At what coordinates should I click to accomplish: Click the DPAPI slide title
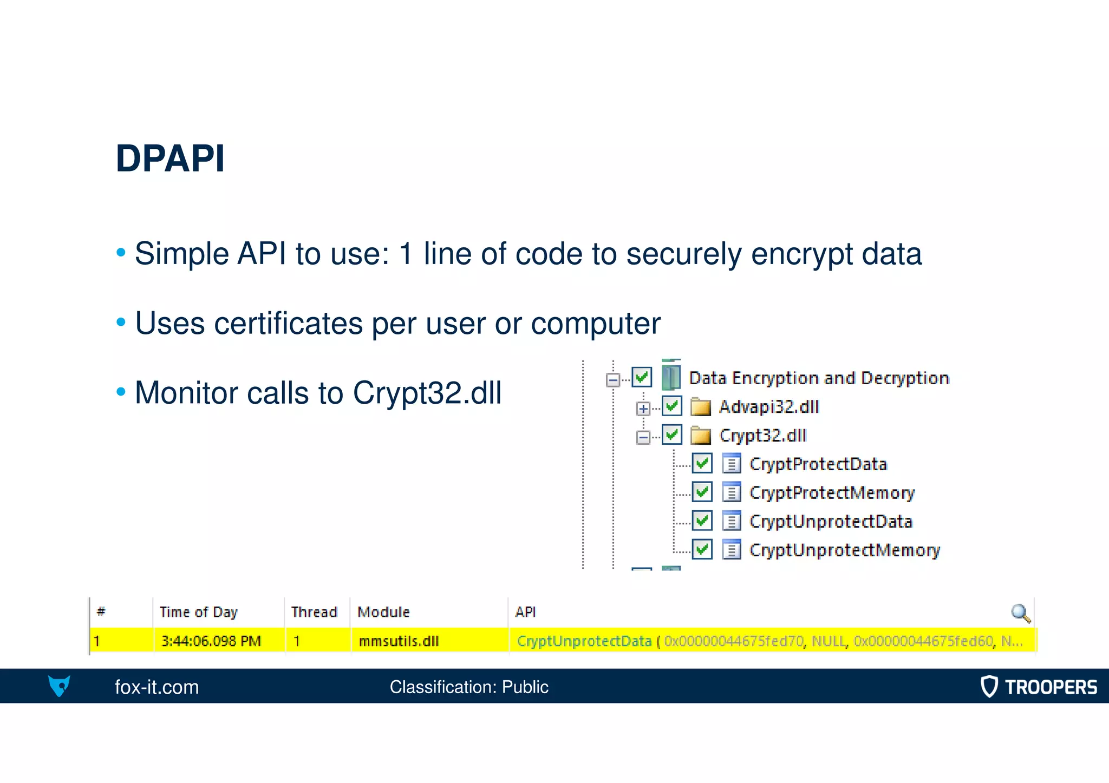pyautogui.click(x=170, y=159)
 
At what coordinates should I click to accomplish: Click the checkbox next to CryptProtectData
pyautogui.click(x=702, y=463)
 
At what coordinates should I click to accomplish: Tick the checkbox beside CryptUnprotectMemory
pyautogui.click(x=702, y=549)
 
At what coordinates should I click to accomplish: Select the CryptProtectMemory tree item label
pyautogui.click(x=831, y=492)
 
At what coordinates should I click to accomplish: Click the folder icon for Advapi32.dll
pyautogui.click(x=701, y=407)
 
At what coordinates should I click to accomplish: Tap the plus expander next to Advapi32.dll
pyautogui.click(x=643, y=409)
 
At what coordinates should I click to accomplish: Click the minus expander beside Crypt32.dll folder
pyautogui.click(x=643, y=437)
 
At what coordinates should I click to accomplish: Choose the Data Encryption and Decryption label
pyautogui.click(x=819, y=378)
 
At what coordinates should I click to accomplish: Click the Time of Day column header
pyautogui.click(x=198, y=612)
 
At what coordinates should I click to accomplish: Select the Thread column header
pyautogui.click(x=314, y=612)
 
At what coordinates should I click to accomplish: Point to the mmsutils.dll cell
pyautogui.click(x=399, y=641)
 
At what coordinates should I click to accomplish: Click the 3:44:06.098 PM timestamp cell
pyautogui.click(x=211, y=641)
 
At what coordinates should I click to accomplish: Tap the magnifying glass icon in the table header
pyautogui.click(x=1020, y=613)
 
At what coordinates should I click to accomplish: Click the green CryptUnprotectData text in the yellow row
pyautogui.click(x=584, y=641)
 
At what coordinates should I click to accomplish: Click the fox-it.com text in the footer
pyautogui.click(x=156, y=687)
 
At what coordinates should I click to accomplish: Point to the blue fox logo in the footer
pyautogui.click(x=59, y=686)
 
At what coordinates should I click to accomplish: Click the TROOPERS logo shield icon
pyautogui.click(x=989, y=686)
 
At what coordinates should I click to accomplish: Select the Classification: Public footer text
pyautogui.click(x=469, y=687)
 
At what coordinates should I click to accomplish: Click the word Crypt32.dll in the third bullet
pyautogui.click(x=427, y=393)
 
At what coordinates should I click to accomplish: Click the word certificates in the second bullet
pyautogui.click(x=288, y=324)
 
